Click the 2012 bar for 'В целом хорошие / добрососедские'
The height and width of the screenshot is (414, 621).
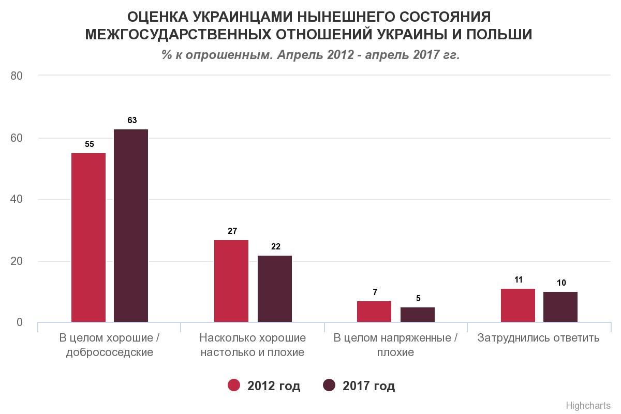[88, 238]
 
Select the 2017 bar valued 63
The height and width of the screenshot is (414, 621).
[131, 226]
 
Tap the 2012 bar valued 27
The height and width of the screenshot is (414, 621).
[231, 281]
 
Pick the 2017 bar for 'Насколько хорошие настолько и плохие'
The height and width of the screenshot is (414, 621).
[275, 289]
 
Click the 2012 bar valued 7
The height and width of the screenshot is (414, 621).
[374, 312]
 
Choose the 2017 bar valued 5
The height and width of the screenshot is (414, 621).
[418, 315]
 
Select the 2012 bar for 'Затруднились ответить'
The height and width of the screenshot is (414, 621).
[518, 305]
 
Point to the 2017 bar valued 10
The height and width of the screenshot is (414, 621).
[560, 307]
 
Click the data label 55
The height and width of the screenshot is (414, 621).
[90, 144]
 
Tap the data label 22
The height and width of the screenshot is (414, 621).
[275, 247]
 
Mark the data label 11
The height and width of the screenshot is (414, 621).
[519, 280]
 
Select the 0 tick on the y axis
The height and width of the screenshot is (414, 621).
[20, 322]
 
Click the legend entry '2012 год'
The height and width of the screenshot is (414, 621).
[264, 386]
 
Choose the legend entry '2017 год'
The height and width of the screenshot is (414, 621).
[359, 386]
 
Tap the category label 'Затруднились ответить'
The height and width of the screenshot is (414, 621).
[539, 338]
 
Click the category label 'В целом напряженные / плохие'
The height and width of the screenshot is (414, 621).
[396, 346]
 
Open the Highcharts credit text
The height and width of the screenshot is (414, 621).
[589, 405]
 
